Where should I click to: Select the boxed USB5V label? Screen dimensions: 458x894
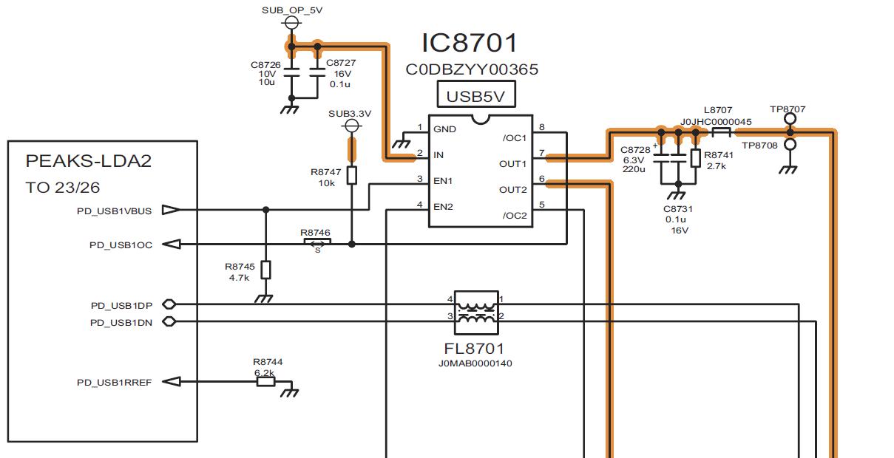coord(477,96)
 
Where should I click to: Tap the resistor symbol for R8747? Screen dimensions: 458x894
coord(352,175)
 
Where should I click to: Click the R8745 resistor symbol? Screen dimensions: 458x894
coord(265,270)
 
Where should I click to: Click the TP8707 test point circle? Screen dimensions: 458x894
coord(790,119)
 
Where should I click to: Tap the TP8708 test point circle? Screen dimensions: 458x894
coord(790,145)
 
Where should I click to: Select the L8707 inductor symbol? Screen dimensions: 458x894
coord(722,133)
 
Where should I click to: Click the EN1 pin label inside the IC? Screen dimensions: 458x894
coord(443,180)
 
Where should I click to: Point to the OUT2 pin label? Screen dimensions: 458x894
coord(512,190)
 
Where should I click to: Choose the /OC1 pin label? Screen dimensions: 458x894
coord(514,138)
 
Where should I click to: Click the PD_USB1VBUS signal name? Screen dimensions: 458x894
coord(115,211)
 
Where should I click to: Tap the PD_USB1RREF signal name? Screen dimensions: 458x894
coord(115,383)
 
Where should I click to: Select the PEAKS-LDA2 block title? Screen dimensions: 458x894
coord(89,161)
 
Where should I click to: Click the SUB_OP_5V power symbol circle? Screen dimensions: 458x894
coord(291,24)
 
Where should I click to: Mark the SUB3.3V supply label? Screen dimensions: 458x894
coord(350,114)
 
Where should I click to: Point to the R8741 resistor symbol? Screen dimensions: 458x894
coord(695,158)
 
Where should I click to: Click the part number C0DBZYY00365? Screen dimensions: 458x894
coord(472,70)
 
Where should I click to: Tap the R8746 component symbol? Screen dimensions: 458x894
coord(316,244)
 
